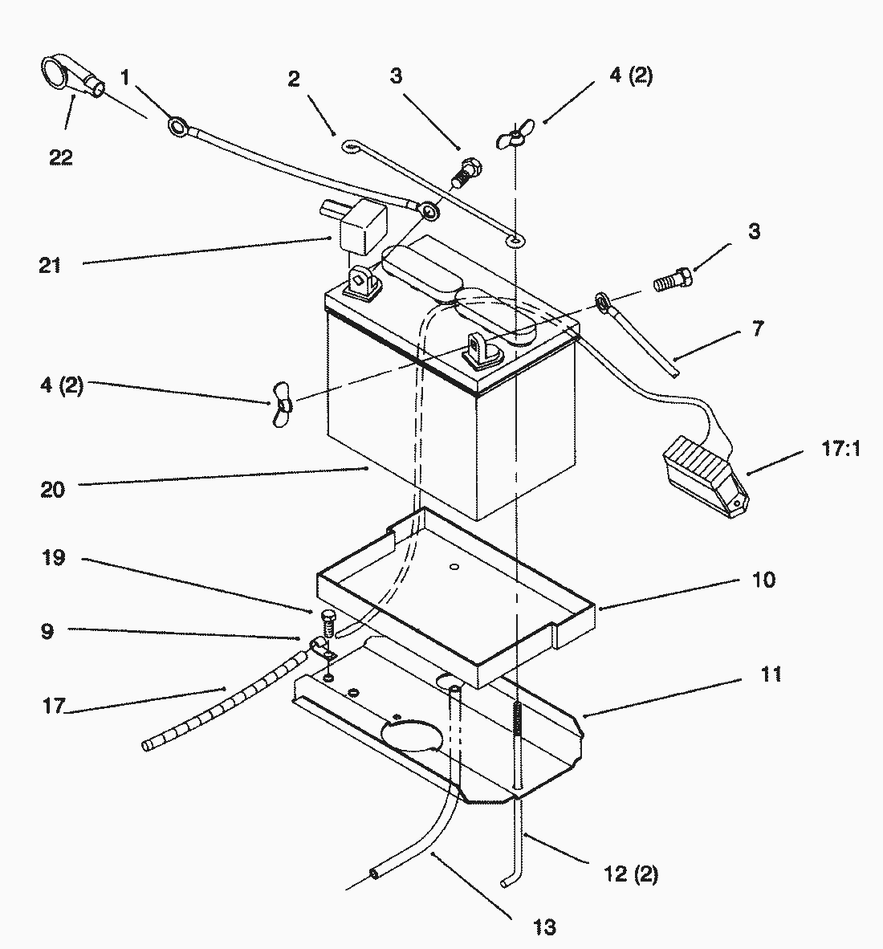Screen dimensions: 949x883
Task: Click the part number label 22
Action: click(60, 157)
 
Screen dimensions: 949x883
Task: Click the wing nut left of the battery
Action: click(280, 410)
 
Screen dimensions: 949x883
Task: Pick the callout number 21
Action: click(50, 264)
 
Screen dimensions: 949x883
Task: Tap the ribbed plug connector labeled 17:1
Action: click(706, 480)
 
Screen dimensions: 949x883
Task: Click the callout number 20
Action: click(52, 488)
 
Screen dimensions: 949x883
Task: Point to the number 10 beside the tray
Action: click(763, 579)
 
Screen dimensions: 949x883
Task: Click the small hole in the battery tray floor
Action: click(454, 568)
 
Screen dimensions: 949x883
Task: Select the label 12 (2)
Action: click(630, 874)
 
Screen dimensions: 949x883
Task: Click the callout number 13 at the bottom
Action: click(543, 927)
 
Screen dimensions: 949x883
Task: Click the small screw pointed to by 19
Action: click(327, 620)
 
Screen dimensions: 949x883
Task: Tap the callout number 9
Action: click(47, 631)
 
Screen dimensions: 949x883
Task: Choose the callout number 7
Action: click(757, 328)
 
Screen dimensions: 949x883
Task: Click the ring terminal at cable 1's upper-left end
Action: click(178, 125)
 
